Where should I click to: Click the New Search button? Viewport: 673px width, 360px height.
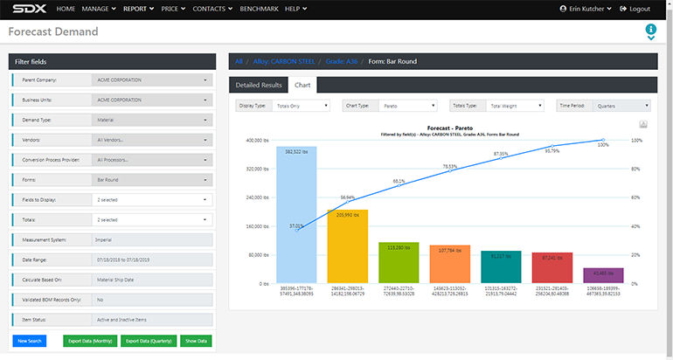30,341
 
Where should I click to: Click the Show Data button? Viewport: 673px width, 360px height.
196,341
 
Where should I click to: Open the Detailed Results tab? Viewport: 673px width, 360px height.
259,85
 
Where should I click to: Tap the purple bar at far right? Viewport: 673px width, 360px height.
603,275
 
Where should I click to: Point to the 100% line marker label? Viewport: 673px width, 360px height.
603,144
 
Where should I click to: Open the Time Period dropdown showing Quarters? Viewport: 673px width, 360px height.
603,105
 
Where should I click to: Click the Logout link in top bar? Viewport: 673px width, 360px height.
635,9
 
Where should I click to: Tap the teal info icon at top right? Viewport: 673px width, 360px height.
650,31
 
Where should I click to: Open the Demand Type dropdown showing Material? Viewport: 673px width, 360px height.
152,120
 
